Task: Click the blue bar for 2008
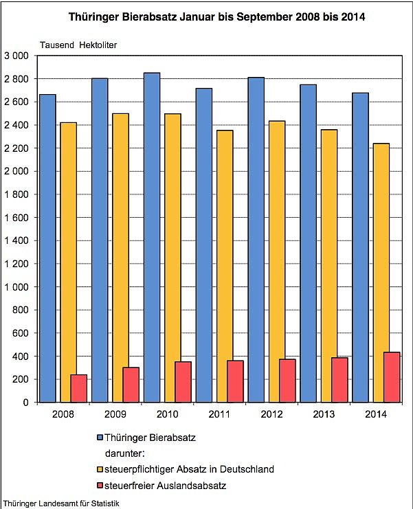pyautogui.click(x=47, y=248)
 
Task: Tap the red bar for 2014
pyautogui.click(x=392, y=377)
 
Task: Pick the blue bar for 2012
pyautogui.click(x=256, y=240)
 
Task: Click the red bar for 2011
pyautogui.click(x=235, y=381)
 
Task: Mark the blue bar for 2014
pyautogui.click(x=360, y=247)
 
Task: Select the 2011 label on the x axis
pyautogui.click(x=220, y=414)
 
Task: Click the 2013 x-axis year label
pyautogui.click(x=324, y=414)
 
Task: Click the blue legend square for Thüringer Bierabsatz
pyautogui.click(x=101, y=437)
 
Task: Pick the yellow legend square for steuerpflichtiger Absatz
pyautogui.click(x=101, y=470)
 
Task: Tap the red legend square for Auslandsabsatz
pyautogui.click(x=101, y=486)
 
